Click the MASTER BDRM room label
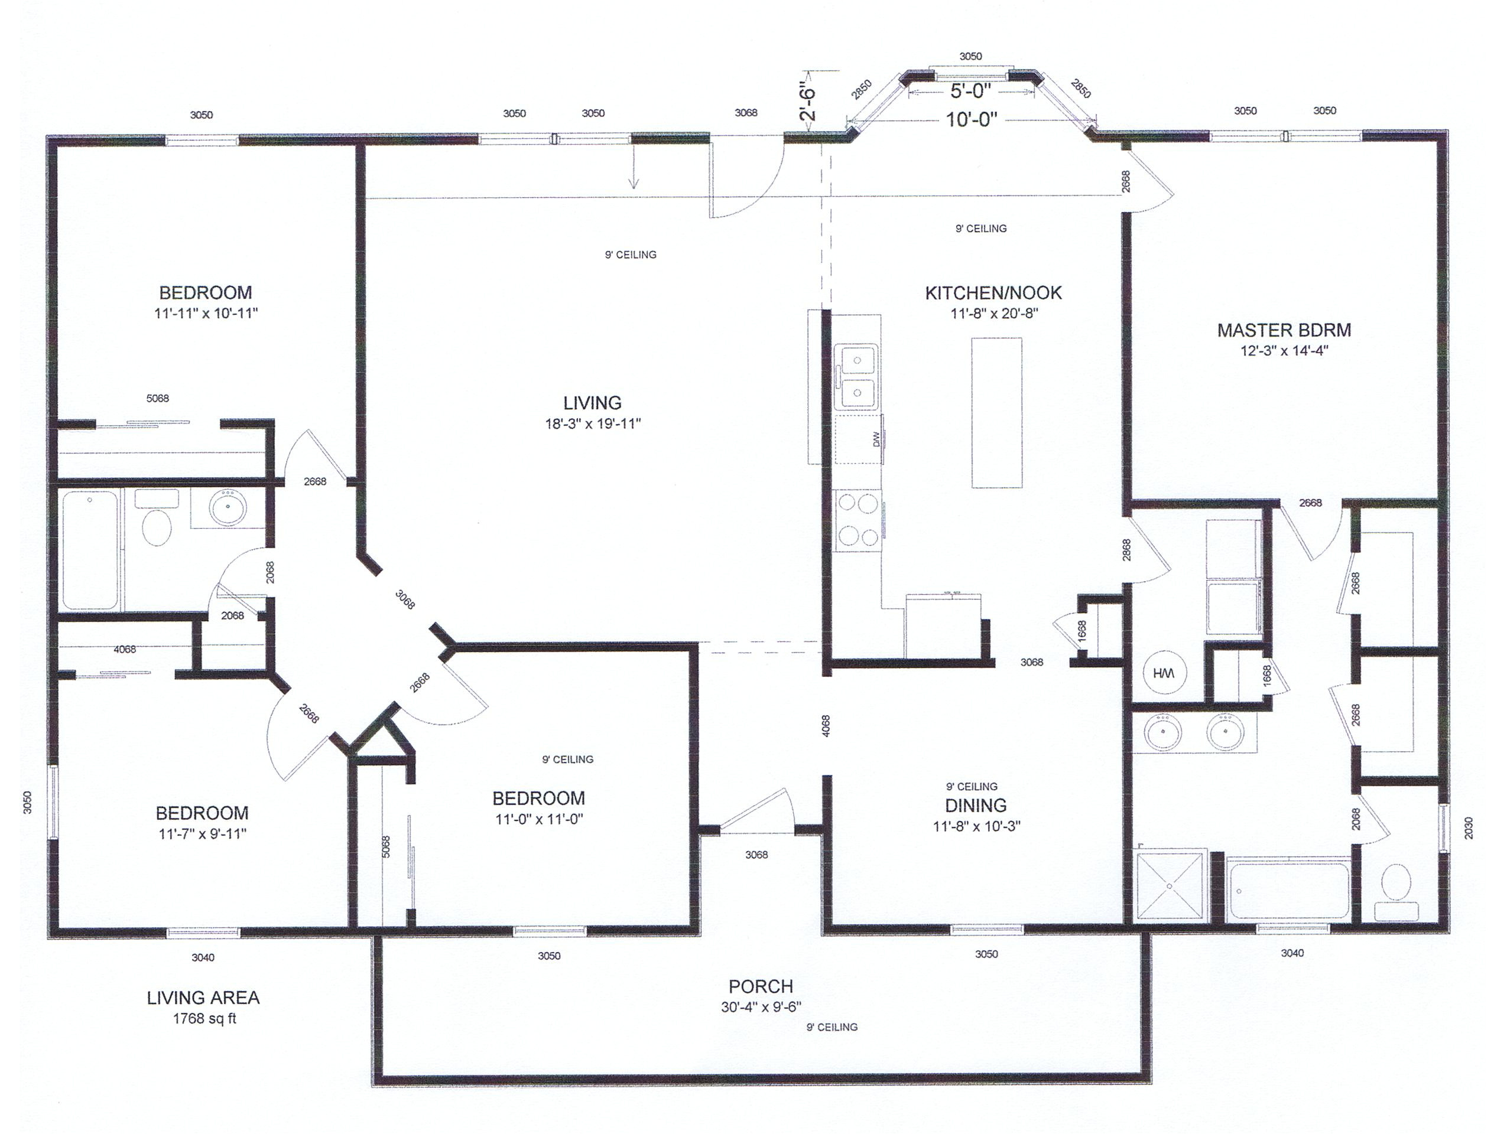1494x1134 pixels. (x=1284, y=330)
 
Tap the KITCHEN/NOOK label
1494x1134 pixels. (x=993, y=293)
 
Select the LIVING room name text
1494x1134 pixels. (x=592, y=403)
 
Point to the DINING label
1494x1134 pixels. (x=976, y=805)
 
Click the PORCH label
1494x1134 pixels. (x=761, y=986)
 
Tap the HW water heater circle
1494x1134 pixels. (x=1164, y=673)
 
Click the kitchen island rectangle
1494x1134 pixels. (x=997, y=412)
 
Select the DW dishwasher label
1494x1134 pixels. (x=876, y=439)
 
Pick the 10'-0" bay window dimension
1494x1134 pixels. (x=971, y=119)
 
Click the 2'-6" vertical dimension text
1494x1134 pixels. (x=808, y=101)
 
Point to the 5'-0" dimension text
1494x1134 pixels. (x=970, y=90)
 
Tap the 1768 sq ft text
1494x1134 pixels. (x=204, y=1019)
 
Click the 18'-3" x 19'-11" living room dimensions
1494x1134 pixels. (x=593, y=424)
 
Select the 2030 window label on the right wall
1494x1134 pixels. (x=1469, y=828)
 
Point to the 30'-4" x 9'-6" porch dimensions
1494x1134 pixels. (x=761, y=1007)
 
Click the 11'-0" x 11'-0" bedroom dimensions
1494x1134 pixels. (x=538, y=819)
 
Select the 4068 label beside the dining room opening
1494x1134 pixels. (x=826, y=726)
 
